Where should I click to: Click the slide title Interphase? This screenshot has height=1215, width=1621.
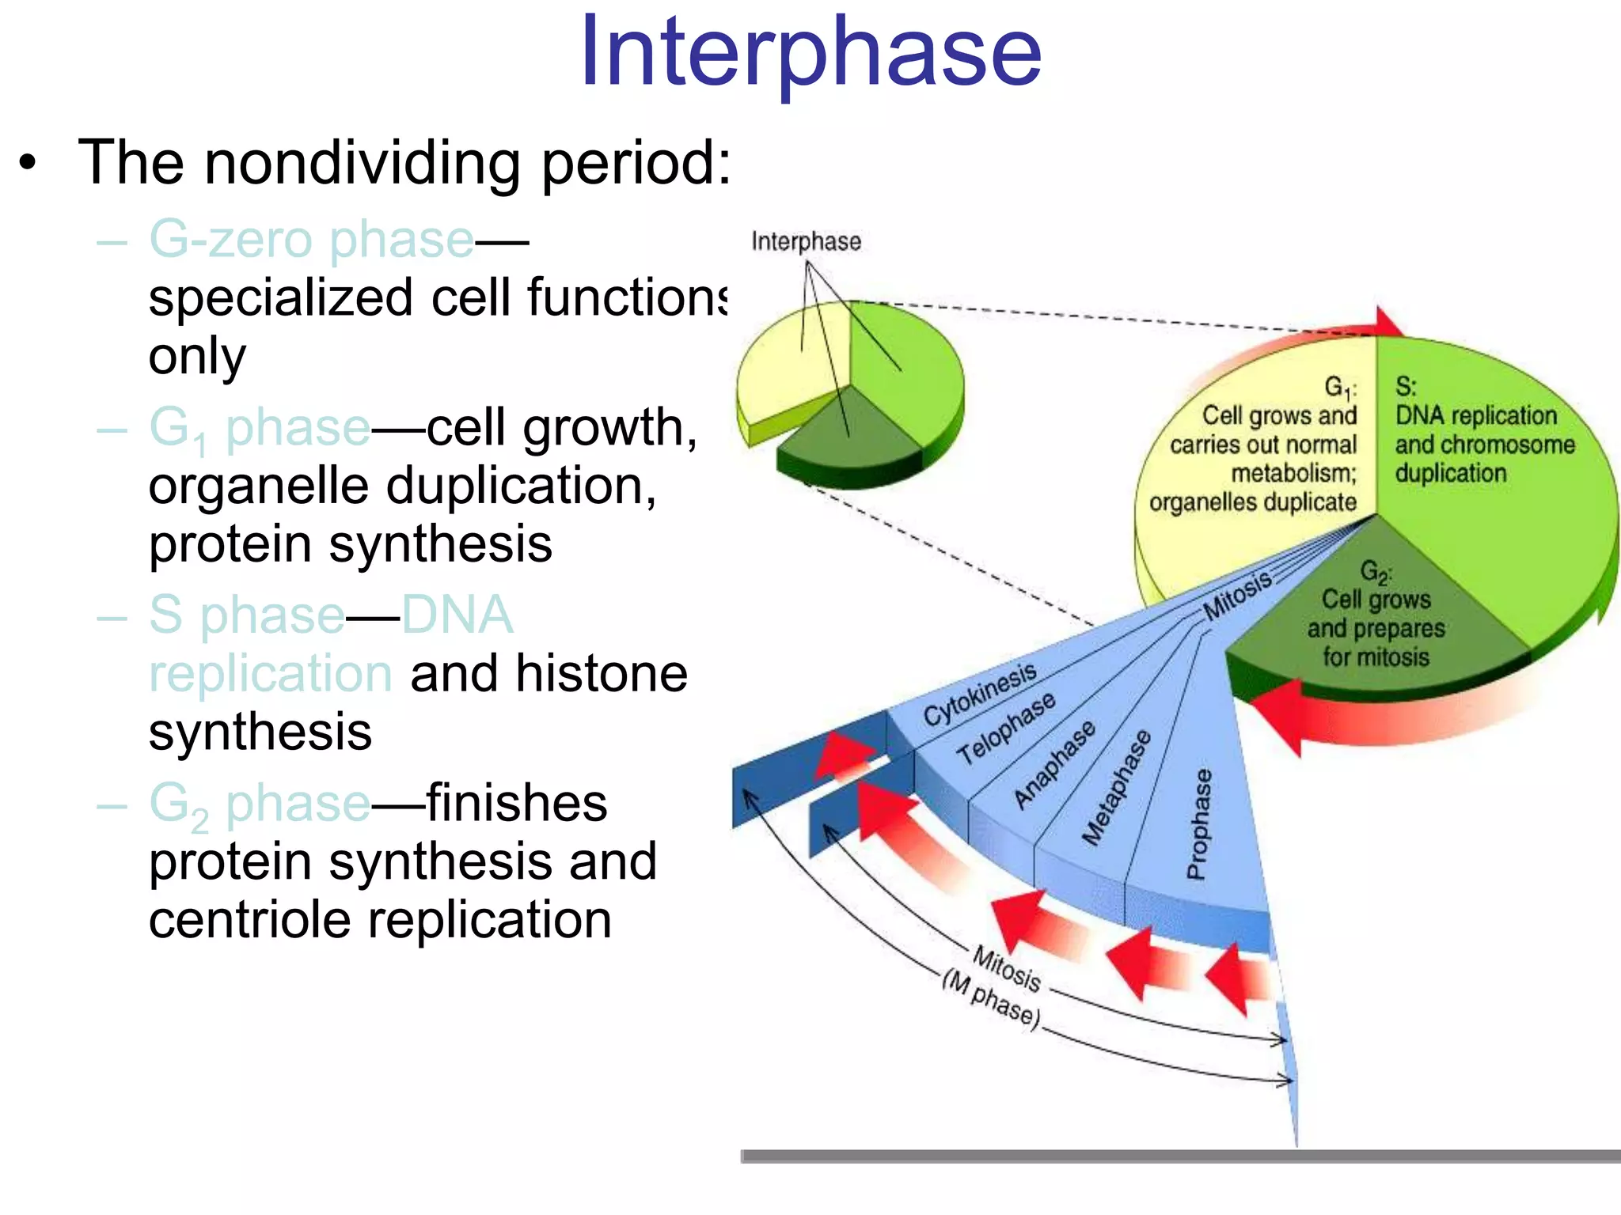(810, 54)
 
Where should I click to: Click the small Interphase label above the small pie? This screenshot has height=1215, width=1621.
(806, 241)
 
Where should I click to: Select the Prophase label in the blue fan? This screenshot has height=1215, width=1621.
(1198, 824)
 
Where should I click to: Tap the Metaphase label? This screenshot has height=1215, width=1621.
(1117, 787)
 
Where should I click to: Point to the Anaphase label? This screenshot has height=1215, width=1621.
(1055, 764)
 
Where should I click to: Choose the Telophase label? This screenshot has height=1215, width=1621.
(1006, 728)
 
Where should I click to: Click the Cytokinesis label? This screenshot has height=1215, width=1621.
(980, 694)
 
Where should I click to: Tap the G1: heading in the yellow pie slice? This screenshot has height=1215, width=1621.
(1340, 388)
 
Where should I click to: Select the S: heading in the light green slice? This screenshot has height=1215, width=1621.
(1406, 387)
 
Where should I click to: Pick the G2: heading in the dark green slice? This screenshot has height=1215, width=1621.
(1375, 571)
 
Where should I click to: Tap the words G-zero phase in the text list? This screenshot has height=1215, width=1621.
(311, 239)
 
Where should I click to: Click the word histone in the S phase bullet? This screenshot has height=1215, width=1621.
(602, 674)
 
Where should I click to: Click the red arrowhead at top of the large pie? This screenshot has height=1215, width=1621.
(1387, 321)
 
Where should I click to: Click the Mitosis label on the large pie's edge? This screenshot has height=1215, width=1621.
(1236, 596)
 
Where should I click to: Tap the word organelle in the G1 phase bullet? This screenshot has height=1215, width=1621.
(257, 486)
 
